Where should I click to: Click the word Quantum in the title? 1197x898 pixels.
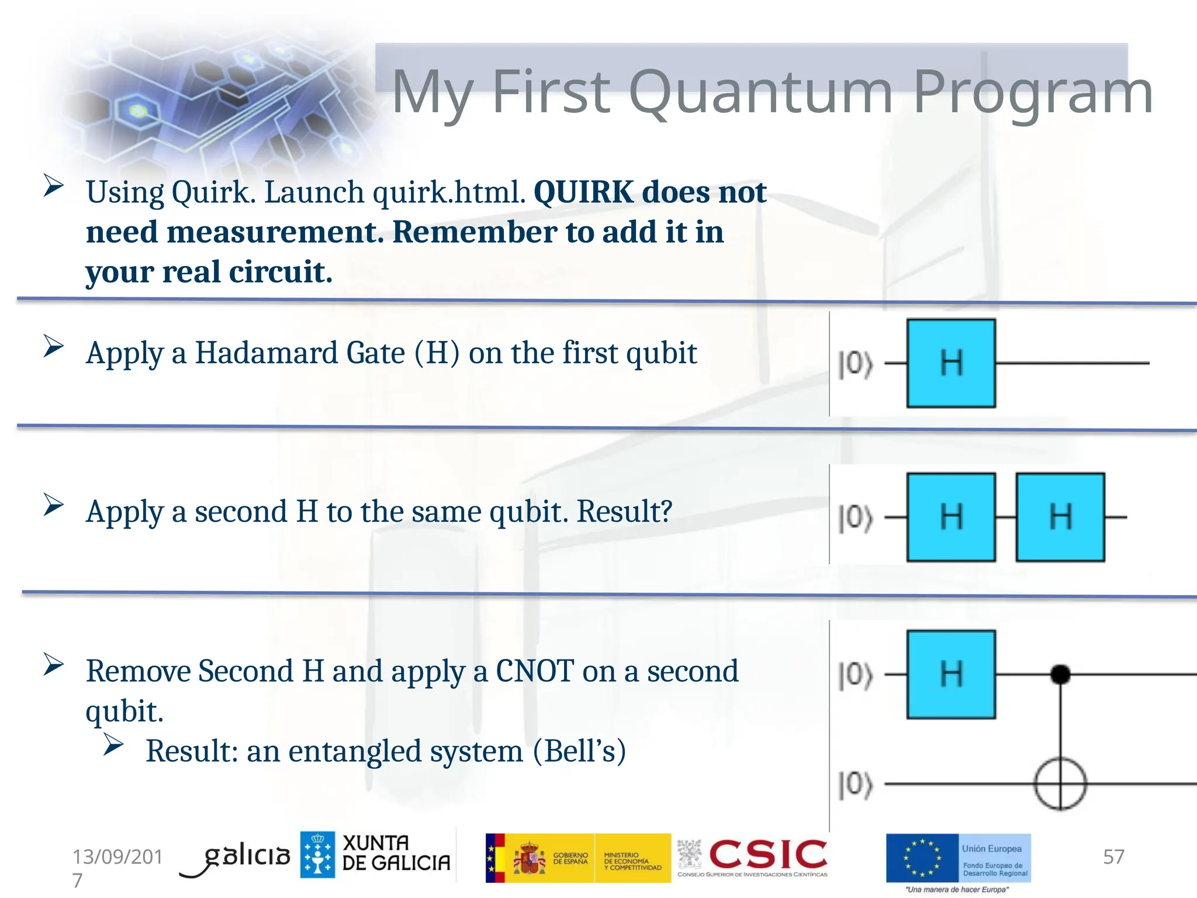760,92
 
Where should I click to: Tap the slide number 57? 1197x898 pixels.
1113,856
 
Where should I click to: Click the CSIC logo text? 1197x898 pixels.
768,854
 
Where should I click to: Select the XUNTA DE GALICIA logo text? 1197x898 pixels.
396,853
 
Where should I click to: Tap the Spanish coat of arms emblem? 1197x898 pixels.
528,858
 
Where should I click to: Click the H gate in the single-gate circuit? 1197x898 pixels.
951,363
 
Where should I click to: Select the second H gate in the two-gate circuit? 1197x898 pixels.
1060,517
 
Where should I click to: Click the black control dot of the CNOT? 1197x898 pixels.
1060,674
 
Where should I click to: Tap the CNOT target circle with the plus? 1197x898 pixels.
1060,783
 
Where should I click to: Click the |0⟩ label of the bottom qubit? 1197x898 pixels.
855,785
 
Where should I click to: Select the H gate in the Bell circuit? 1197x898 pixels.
951,674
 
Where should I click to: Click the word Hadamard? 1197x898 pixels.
300,353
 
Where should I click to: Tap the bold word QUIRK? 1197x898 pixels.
583,192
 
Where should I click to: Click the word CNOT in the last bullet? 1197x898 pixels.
534,671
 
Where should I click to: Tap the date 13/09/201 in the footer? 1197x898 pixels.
117,856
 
